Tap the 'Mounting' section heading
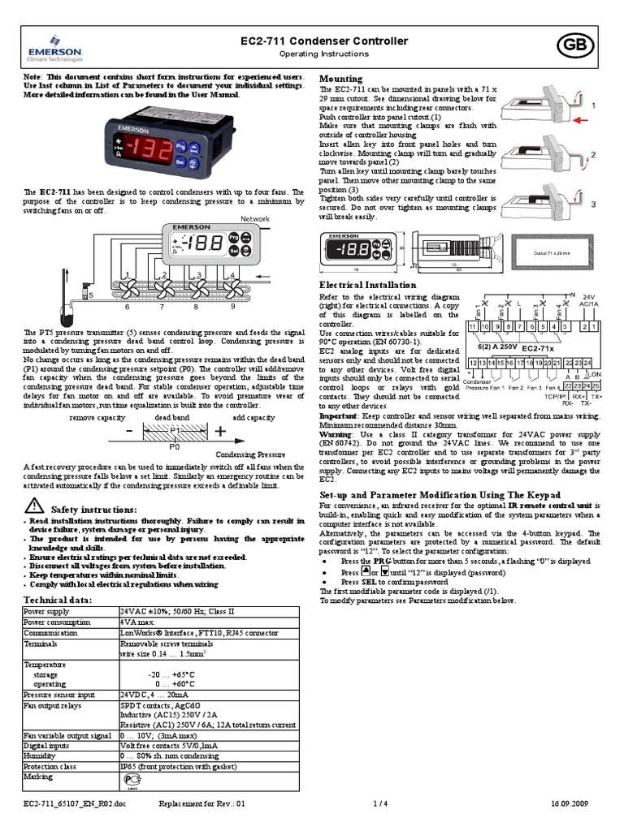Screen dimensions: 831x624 [341, 79]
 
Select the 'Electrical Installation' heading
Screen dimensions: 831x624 [367, 285]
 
